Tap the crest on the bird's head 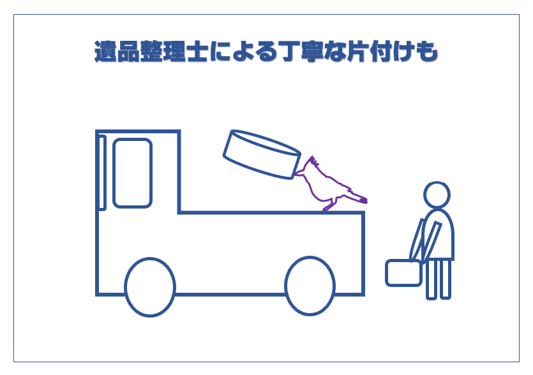[x=313, y=161]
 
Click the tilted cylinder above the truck [x=262, y=154]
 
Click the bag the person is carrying [x=403, y=273]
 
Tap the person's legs [x=439, y=279]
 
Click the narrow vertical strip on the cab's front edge [x=102, y=173]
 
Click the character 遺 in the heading [x=106, y=51]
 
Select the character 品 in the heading [x=128, y=51]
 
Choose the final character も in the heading [x=426, y=51]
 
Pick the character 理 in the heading [x=174, y=51]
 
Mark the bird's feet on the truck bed [x=329, y=206]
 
